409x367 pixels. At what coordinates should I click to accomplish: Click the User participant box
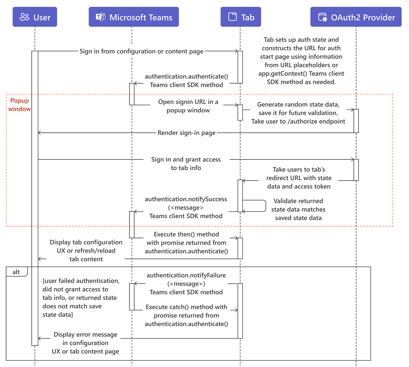pos(35,17)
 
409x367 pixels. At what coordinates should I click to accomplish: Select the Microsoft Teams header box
pos(134,17)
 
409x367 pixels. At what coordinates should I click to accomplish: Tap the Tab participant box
pos(241,17)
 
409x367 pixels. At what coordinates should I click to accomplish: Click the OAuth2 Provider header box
pos(356,17)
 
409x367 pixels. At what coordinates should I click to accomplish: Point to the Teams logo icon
pos(101,17)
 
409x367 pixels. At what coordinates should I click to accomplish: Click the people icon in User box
pos(25,17)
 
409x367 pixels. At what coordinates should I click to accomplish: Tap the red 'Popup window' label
pos(19,105)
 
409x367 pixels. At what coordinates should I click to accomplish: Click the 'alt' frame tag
pos(16,272)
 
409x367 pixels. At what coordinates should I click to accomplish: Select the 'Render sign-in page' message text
pos(186,133)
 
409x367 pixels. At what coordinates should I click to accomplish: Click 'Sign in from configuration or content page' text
pos(141,52)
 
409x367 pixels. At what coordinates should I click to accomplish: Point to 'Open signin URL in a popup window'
pos(188,106)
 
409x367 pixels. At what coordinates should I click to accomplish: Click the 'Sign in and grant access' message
pos(186,164)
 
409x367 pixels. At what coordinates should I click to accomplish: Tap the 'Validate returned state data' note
pos(298,210)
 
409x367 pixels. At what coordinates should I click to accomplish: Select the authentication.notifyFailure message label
pos(186,284)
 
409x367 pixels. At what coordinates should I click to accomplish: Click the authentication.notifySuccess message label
pos(186,208)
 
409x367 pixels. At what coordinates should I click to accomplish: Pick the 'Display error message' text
pos(86,343)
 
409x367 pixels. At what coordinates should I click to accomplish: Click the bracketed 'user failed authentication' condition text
pos(81,298)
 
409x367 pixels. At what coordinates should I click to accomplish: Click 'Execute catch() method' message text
pos(186,315)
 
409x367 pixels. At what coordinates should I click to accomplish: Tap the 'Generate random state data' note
pos(298,113)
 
